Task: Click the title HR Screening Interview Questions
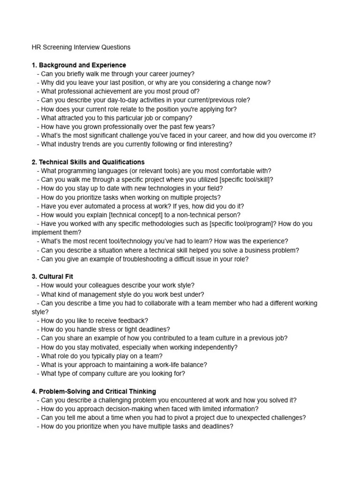pyautogui.click(x=81, y=47)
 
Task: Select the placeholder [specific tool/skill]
pyautogui.click(x=242, y=180)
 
